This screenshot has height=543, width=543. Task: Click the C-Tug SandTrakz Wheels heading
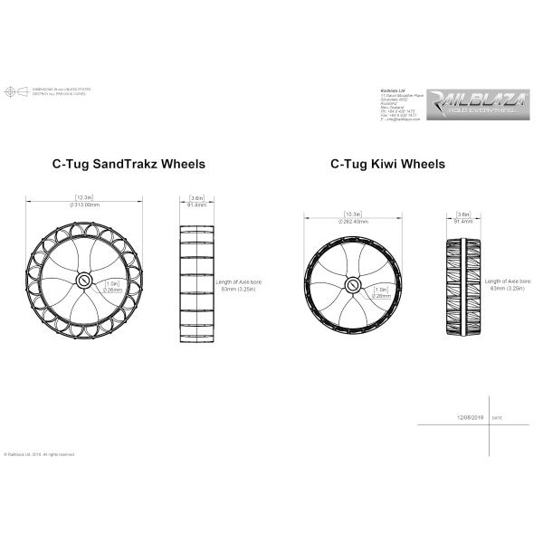coord(128,165)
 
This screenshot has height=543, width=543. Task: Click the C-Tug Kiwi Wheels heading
coord(387,165)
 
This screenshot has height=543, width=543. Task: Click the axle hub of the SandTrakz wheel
coord(83,281)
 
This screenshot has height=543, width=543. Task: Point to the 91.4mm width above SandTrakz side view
coord(196,206)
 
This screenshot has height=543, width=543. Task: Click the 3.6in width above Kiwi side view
coord(463,214)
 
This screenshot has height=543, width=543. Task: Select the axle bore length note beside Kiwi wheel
coord(509,285)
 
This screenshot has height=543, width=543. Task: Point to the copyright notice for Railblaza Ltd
coord(40,454)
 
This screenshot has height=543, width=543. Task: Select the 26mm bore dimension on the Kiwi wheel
coord(381,295)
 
